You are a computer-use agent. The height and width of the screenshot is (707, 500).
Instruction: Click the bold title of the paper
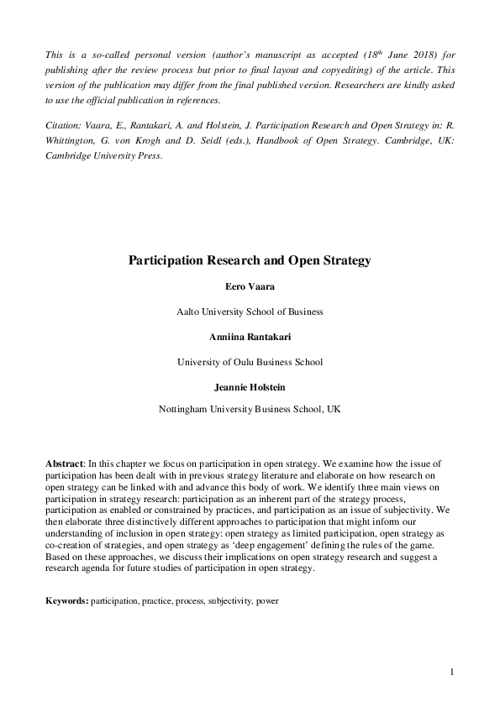(250, 260)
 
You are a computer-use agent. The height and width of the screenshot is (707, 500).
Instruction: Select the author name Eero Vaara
(250, 287)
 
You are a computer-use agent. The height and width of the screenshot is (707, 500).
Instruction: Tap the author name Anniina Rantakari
(250, 338)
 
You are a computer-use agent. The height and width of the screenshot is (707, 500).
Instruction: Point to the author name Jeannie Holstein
(250, 387)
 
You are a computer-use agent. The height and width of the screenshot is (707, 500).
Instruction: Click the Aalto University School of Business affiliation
(250, 312)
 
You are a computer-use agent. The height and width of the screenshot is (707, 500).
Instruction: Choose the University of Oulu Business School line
(250, 362)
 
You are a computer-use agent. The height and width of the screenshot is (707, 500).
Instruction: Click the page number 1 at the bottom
(452, 672)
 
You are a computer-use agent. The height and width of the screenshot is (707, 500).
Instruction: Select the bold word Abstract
(65, 464)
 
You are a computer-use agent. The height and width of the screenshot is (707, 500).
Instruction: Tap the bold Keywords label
(66, 601)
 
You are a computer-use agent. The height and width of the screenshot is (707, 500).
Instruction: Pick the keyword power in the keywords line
(268, 601)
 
